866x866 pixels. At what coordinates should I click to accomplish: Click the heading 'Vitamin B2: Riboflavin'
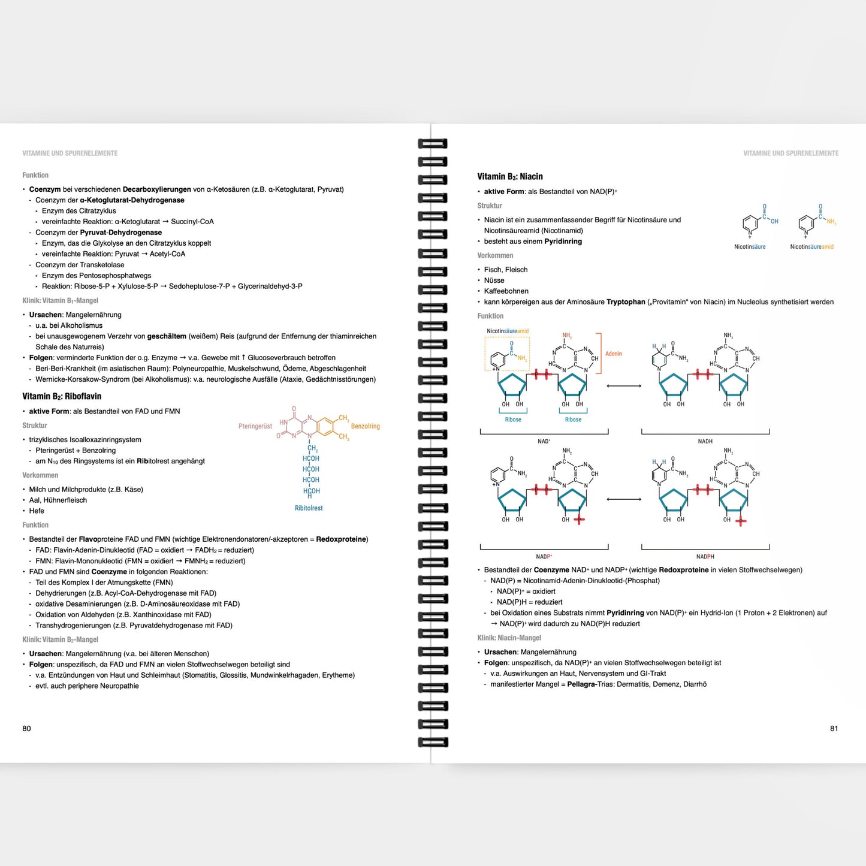point(62,396)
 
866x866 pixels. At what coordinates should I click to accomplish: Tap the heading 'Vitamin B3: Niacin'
point(510,176)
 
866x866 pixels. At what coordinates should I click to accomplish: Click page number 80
point(26,728)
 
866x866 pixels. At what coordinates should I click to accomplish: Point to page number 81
point(834,728)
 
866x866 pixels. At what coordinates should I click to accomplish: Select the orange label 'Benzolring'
point(365,426)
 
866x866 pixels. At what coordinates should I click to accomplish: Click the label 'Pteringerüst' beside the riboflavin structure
point(255,426)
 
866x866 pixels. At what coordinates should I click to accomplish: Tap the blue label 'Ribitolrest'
point(309,508)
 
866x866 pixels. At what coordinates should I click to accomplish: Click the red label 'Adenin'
point(614,354)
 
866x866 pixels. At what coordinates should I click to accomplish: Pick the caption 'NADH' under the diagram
point(705,441)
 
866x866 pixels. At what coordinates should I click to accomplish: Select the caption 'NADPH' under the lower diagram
point(705,556)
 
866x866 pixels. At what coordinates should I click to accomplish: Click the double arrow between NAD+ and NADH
point(624,385)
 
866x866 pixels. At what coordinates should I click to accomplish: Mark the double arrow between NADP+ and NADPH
point(624,499)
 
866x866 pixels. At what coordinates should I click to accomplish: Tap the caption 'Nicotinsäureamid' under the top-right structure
point(811,246)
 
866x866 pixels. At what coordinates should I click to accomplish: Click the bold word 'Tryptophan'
point(626,302)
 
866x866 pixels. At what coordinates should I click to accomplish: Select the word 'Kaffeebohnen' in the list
point(506,291)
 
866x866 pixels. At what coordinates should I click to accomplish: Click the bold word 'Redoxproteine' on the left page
point(342,539)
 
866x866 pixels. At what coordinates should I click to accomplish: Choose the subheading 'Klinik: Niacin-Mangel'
point(509,638)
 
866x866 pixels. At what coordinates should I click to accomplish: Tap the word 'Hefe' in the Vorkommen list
point(37,511)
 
